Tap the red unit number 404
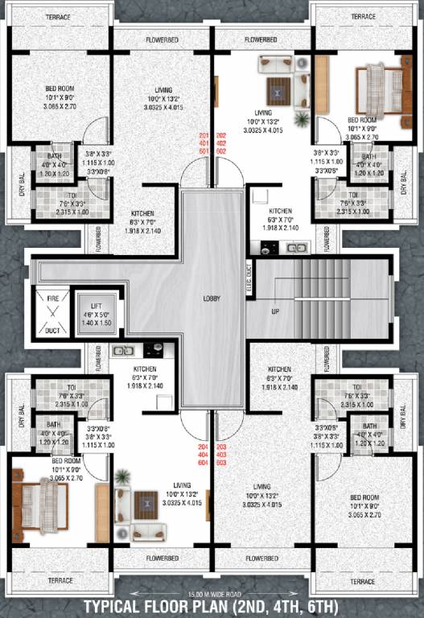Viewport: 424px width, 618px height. [x=204, y=454]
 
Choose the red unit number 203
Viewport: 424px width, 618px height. [x=222, y=446]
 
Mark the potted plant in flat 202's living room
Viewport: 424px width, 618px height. [x=302, y=120]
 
